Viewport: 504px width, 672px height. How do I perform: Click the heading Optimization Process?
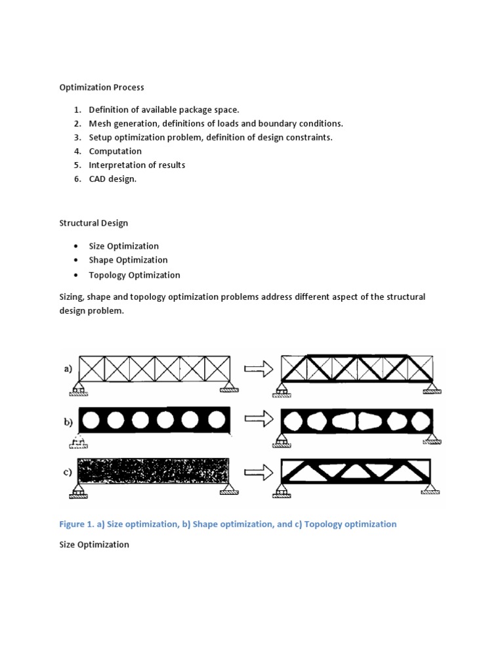click(102, 87)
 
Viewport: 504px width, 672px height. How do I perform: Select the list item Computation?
click(115, 151)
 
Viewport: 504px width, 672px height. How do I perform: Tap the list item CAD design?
click(113, 179)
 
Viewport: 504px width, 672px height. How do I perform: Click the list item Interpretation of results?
click(137, 165)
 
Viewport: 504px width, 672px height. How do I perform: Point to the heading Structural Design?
click(94, 223)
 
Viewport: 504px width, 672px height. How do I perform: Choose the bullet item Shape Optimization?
click(128, 260)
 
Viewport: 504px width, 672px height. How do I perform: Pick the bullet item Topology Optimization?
click(135, 275)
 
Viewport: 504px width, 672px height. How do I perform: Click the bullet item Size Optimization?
click(124, 246)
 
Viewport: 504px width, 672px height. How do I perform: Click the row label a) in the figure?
click(68, 369)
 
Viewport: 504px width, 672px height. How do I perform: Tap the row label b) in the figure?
click(68, 421)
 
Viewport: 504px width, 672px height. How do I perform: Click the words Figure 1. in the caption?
click(79, 524)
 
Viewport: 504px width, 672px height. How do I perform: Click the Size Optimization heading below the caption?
click(94, 545)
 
